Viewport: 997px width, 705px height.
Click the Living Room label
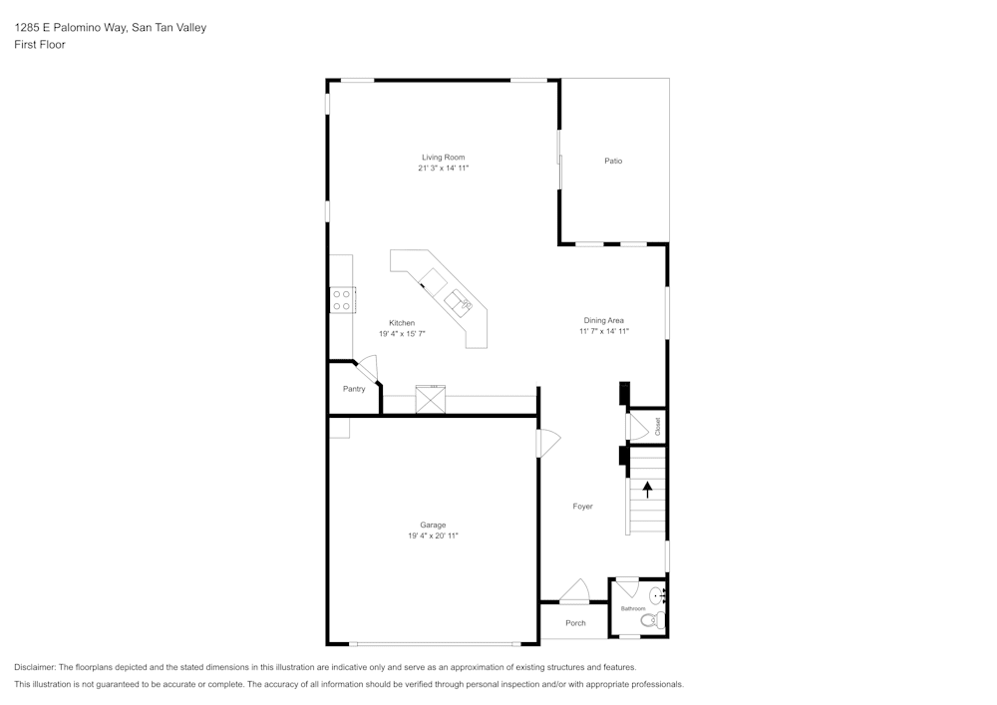click(443, 158)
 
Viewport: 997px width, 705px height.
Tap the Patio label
click(613, 161)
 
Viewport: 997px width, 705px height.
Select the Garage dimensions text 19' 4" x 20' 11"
click(433, 536)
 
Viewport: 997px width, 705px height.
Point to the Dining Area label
click(604, 320)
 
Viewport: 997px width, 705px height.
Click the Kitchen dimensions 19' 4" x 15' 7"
click(402, 334)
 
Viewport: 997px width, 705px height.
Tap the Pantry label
click(354, 389)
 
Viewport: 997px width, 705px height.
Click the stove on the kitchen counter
click(342, 299)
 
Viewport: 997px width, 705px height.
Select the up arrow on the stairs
click(648, 489)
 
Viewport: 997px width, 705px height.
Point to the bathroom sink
click(658, 595)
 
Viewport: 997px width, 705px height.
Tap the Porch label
click(575, 623)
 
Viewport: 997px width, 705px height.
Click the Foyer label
click(582, 507)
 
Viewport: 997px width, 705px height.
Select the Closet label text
click(658, 426)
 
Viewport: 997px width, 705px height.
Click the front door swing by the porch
click(574, 592)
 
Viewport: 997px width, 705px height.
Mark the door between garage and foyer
click(546, 442)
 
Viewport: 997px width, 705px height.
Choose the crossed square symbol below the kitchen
click(431, 398)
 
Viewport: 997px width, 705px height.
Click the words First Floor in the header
click(40, 45)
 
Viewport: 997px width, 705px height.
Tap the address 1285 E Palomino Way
click(71, 28)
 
